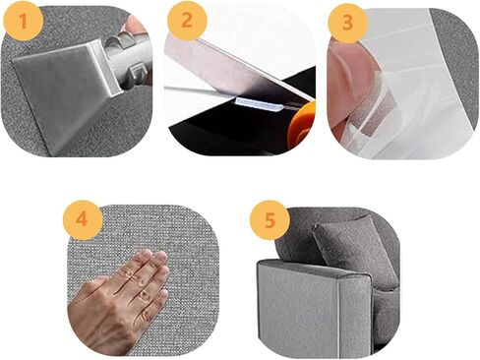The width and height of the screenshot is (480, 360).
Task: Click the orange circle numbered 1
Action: [x=23, y=21]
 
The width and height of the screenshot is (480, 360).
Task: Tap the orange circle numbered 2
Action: [x=187, y=20]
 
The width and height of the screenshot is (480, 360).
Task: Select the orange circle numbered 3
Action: [x=348, y=23]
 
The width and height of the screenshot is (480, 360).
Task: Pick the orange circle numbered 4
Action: [x=83, y=219]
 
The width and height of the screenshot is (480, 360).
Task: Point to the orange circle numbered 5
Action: [x=270, y=220]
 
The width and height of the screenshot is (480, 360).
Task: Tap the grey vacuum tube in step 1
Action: [x=131, y=59]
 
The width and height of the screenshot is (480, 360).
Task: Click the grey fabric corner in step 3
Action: [x=455, y=66]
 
